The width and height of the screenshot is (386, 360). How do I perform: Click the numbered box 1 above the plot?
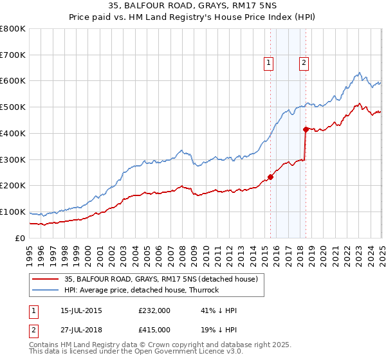[268, 62]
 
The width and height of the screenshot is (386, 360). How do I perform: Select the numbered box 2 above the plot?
[303, 62]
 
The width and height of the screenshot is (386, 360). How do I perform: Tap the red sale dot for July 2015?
[271, 177]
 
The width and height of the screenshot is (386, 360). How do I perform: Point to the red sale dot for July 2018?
[306, 129]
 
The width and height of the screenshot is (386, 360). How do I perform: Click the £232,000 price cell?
[154, 310]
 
